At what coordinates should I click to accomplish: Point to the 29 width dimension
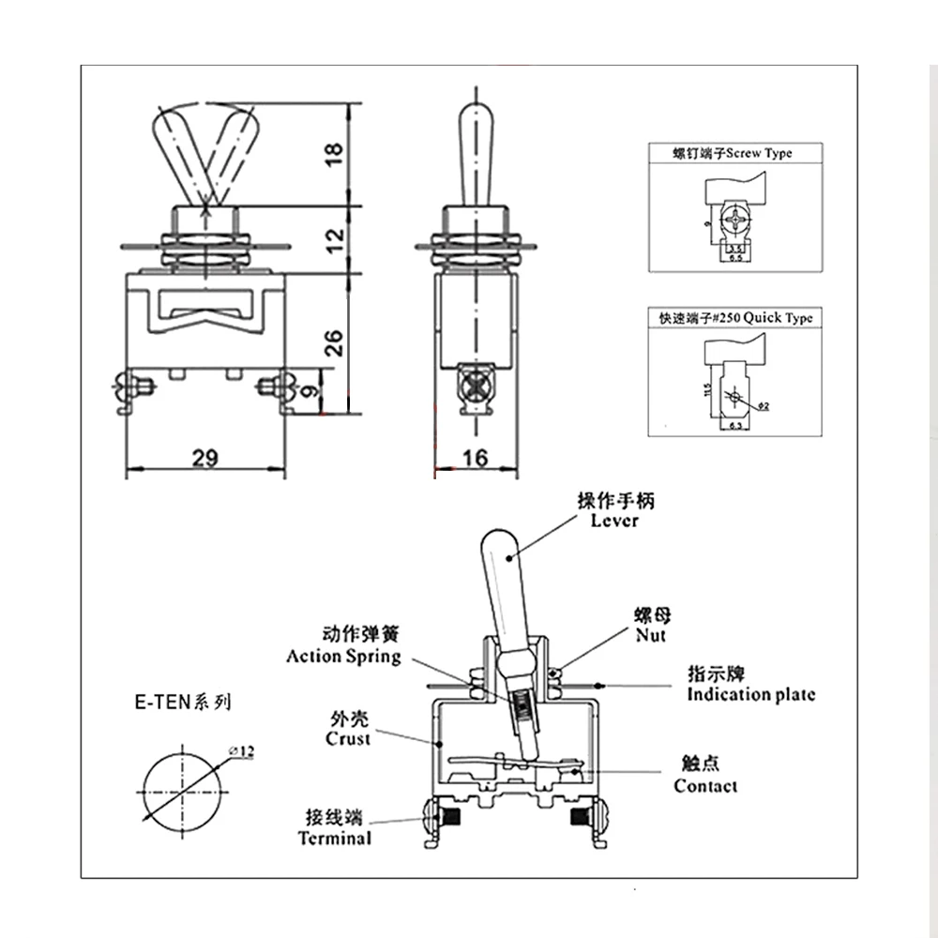205,457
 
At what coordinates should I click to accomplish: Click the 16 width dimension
476,457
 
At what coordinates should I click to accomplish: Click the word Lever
615,520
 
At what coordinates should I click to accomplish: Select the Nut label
649,635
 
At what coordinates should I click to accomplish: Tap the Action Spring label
343,656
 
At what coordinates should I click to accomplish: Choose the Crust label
348,738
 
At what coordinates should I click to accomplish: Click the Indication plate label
750,694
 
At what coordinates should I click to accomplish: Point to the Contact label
705,786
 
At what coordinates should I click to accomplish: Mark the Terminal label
335,838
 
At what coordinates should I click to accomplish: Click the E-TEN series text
181,702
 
